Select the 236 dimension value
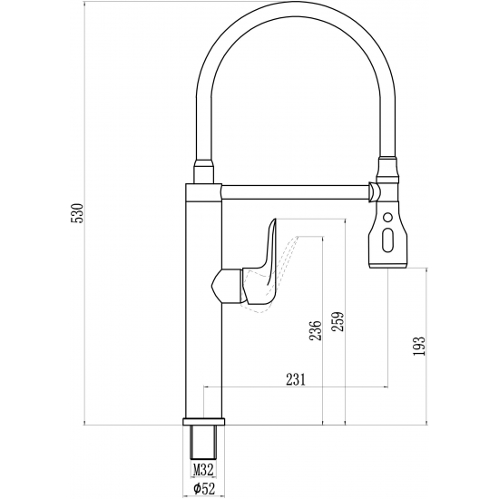click(315, 331)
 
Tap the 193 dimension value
click(418, 349)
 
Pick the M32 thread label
click(202, 469)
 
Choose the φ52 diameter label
click(202, 489)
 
